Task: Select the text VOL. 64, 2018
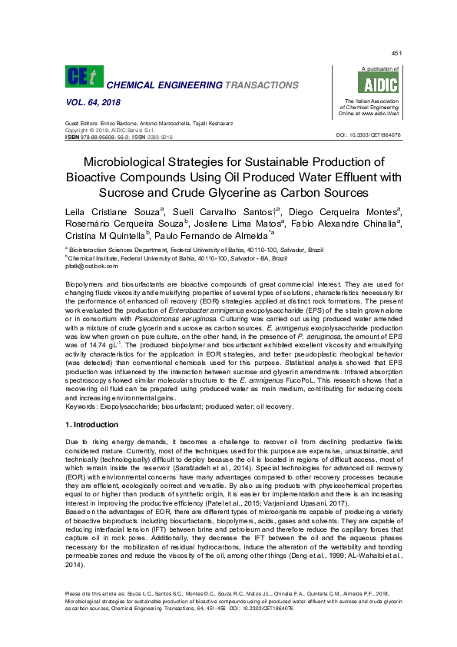[x=91, y=102]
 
